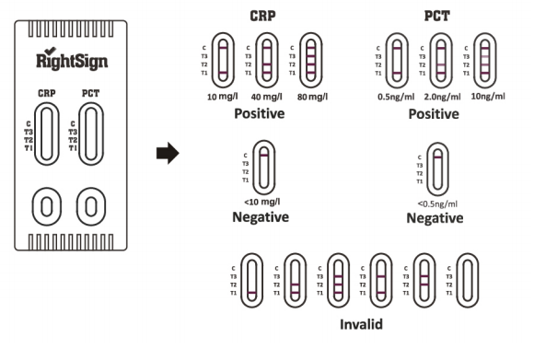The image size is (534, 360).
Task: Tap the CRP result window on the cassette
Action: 48,134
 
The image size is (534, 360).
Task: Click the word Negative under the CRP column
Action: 261,217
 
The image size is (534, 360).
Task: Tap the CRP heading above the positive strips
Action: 264,16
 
